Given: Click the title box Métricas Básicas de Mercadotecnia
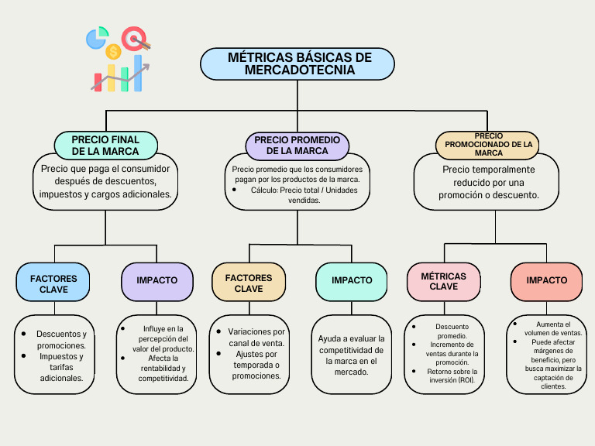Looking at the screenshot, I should pos(297,64).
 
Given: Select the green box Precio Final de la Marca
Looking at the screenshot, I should pos(106,146).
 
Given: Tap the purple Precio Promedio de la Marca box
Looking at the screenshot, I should pos(297,146).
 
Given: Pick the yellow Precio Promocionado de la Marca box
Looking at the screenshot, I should pos(489,144).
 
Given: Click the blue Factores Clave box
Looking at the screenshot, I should pos(54,283).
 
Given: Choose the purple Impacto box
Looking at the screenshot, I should pos(157,280).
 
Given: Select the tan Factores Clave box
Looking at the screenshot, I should pos(249,283).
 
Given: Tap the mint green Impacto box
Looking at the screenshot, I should pos(352,280).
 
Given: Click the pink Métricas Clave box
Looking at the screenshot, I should pos(444,281).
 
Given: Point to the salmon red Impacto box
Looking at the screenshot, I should pos(547,280).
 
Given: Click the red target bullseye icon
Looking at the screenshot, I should pos(134,37).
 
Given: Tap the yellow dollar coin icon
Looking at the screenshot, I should pos(114,52).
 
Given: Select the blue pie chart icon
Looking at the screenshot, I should pos(97,37).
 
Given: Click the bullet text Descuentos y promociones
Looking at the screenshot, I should pos(61,340).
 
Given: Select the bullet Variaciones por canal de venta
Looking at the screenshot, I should pos(256,337).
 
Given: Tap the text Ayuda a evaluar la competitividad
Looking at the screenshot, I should pos(351,344).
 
